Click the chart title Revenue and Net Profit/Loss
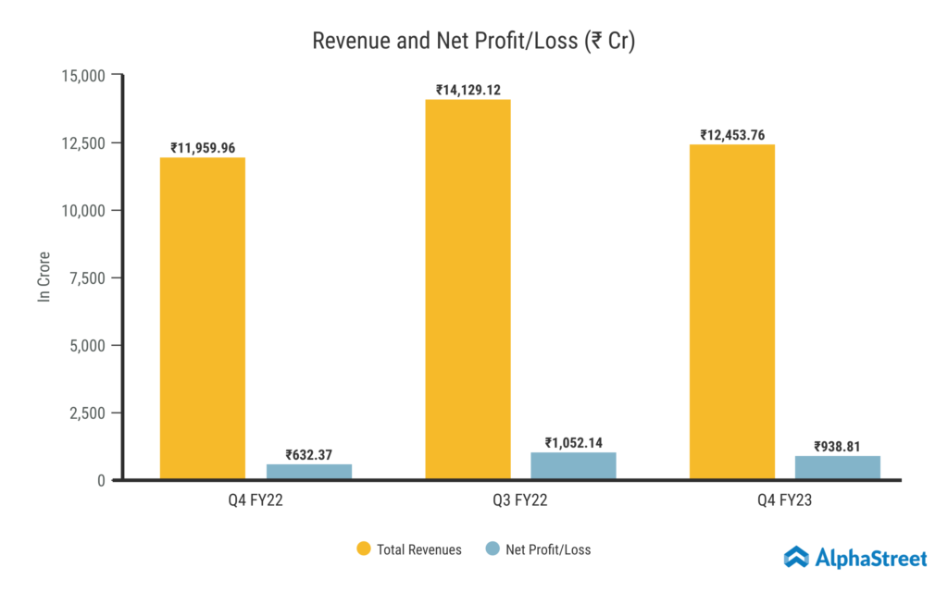[x=473, y=42]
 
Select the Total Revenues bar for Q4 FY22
[x=203, y=318]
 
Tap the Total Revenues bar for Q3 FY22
[x=468, y=290]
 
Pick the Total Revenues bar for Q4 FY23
[x=732, y=312]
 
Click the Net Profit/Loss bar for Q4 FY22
[x=309, y=472]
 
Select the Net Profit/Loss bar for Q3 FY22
[x=574, y=466]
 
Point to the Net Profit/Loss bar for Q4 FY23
[x=838, y=468]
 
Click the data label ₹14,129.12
[x=468, y=90]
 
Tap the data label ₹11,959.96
[x=203, y=148]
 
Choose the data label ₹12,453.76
[x=732, y=135]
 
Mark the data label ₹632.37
[x=309, y=454]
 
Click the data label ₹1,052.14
[x=574, y=442]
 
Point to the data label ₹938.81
[x=838, y=446]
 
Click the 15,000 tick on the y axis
[x=82, y=75]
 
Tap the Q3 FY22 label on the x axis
[x=520, y=505]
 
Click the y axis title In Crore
[x=44, y=277]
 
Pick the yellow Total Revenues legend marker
[x=364, y=549]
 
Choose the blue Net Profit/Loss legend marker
[x=493, y=549]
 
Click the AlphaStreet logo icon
[x=797, y=557]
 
